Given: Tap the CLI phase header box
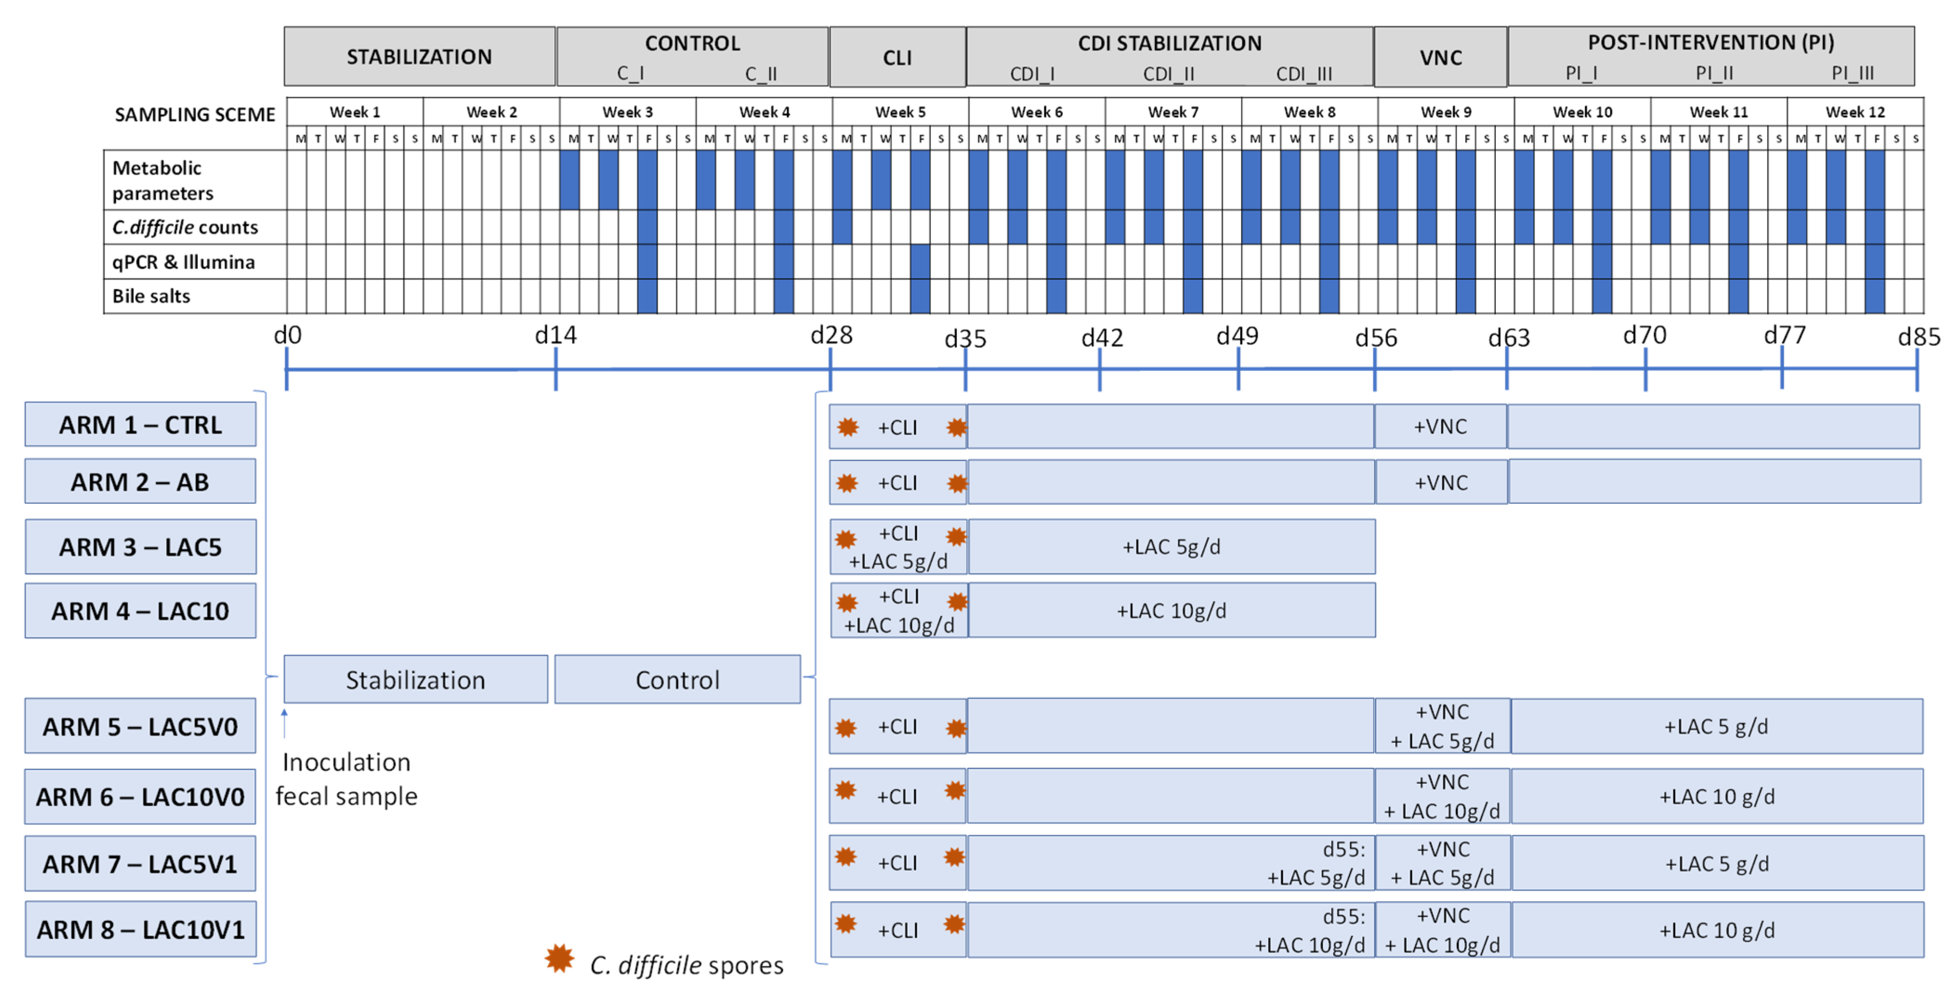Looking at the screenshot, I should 897,58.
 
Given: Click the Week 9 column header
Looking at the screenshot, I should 1445,112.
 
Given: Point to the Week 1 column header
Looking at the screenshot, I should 354,112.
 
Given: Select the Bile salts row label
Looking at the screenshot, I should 151,296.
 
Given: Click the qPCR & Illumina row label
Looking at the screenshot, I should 183,262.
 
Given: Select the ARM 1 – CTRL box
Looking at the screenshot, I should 141,424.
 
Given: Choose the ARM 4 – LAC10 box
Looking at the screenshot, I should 141,611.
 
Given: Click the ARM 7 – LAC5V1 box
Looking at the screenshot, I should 141,864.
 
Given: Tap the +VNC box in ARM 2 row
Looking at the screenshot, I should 1441,482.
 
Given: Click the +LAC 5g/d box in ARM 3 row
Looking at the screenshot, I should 1171,547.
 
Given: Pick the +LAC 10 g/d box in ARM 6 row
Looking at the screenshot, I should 1716,796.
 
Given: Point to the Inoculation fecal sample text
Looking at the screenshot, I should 347,779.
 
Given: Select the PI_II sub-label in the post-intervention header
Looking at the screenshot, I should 1714,73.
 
